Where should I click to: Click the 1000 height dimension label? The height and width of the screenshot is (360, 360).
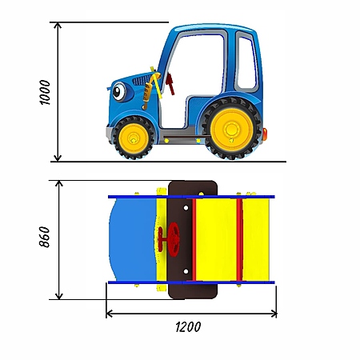coord(45,92)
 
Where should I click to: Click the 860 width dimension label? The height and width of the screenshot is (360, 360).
coord(44,237)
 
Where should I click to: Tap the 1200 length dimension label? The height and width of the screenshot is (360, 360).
coord(188,327)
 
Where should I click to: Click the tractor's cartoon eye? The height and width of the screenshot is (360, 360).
coord(118,91)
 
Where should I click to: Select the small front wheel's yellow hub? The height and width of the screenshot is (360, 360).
coord(133,138)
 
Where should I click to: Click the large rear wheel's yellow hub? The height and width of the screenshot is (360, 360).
coord(231,130)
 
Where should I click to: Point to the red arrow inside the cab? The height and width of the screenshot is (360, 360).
coord(170,83)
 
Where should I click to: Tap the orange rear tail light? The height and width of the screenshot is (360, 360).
coord(265,134)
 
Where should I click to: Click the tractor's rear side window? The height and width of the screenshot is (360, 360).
coord(247,63)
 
